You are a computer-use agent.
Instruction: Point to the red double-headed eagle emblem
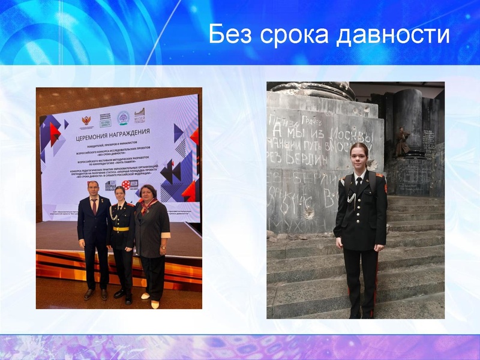point(87,121)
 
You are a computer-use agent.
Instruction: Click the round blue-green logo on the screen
point(123,118)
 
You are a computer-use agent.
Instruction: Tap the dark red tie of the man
point(94,206)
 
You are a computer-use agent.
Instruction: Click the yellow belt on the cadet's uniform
point(121,229)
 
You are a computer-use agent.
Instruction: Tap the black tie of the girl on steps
point(358,180)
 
